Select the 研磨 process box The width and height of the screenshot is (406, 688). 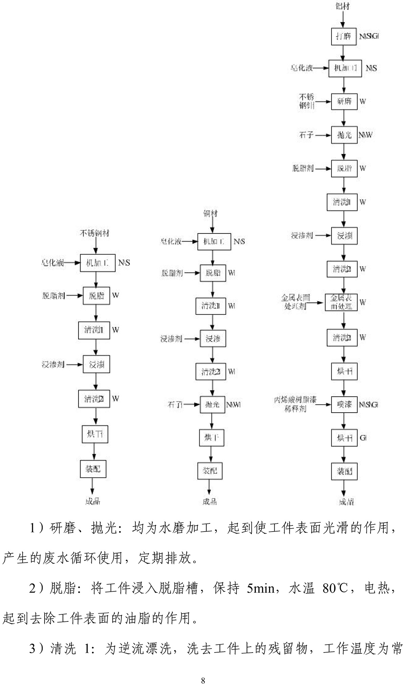tap(344, 101)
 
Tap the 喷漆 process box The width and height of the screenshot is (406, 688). tap(344, 404)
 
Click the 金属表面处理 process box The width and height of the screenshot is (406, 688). tap(341, 302)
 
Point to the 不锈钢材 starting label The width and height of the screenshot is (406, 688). tap(94, 233)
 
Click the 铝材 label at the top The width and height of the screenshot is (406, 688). tap(342, 6)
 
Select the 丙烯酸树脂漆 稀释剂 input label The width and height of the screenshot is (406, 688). tap(295, 404)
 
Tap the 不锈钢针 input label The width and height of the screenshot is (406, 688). tap(307, 101)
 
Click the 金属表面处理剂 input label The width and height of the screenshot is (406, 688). tap(296, 302)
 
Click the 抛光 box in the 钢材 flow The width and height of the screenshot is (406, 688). tap(212, 404)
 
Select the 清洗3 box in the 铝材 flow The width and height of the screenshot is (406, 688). tap(342, 338)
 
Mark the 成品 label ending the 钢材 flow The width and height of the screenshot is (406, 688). tap(210, 501)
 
